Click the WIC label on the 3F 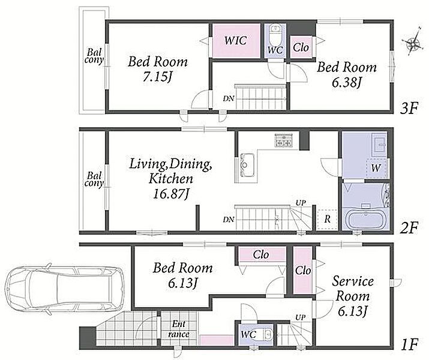(x=236, y=40)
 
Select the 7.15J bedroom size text (x=158, y=77)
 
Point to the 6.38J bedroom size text (x=346, y=82)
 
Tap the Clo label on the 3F (x=301, y=47)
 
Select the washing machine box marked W (x=376, y=168)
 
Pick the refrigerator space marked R (x=327, y=220)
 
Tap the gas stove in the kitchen (x=284, y=140)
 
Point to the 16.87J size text (x=171, y=194)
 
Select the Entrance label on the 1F (x=179, y=329)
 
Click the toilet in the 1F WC (x=266, y=334)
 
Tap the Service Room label (x=353, y=289)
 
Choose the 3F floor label (x=409, y=109)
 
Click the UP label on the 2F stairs (x=301, y=203)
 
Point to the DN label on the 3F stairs (x=228, y=98)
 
